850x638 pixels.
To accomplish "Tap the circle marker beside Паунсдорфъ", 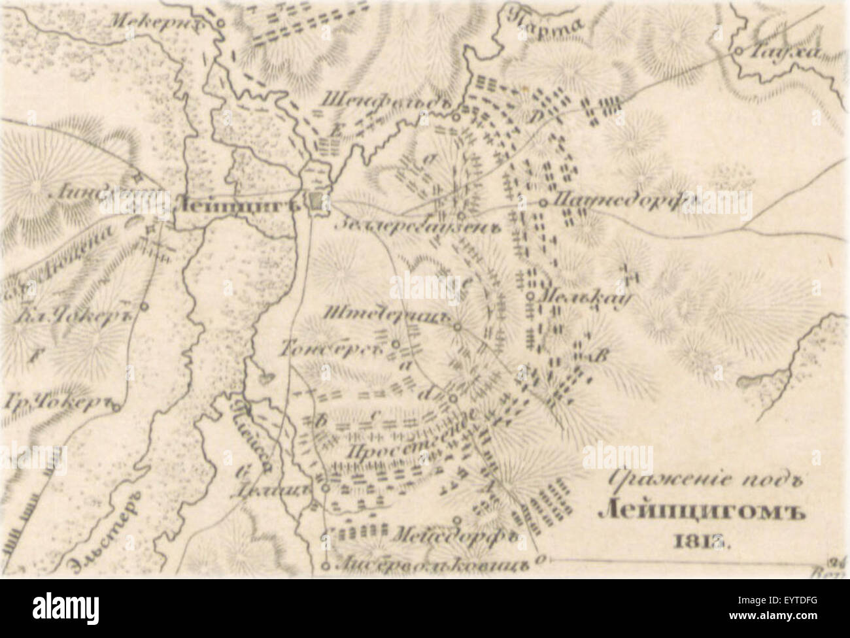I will click(x=543, y=203).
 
